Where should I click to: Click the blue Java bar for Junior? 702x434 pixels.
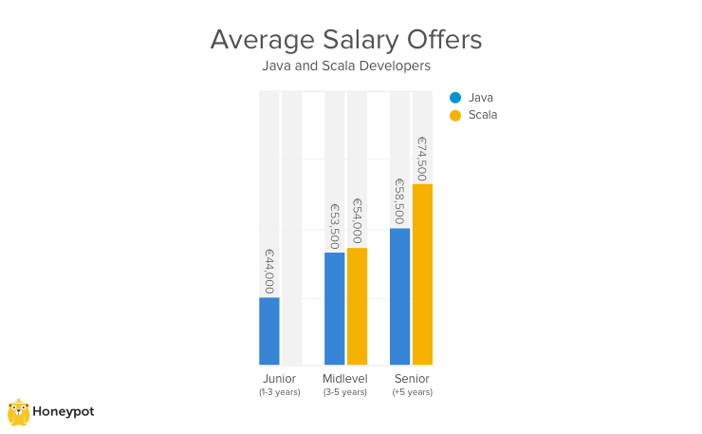tap(269, 331)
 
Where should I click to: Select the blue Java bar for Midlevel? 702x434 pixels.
tap(335, 309)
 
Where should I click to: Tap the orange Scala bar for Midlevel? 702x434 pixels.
tap(357, 306)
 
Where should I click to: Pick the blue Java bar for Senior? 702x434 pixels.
tap(400, 296)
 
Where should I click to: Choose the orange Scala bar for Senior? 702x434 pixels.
tap(422, 274)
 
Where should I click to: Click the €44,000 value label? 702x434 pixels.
tap(269, 271)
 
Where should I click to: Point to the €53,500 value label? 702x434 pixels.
tap(335, 226)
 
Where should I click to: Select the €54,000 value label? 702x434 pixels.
tap(357, 221)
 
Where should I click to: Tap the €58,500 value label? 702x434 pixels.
tap(400, 201)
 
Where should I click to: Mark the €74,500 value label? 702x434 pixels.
tap(422, 158)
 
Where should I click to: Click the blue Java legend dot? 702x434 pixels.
tap(455, 97)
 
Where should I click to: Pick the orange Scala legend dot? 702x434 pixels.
tap(455, 115)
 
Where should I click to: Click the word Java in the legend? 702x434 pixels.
tap(481, 97)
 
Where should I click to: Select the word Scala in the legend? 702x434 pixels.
tap(483, 115)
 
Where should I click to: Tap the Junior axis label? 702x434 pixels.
tap(279, 379)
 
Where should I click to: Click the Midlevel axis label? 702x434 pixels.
tap(344, 379)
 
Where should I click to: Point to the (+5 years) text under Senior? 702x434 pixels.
tap(412, 392)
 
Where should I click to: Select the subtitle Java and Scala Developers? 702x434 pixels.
tap(346, 66)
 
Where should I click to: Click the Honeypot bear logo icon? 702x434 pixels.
tap(18, 411)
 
